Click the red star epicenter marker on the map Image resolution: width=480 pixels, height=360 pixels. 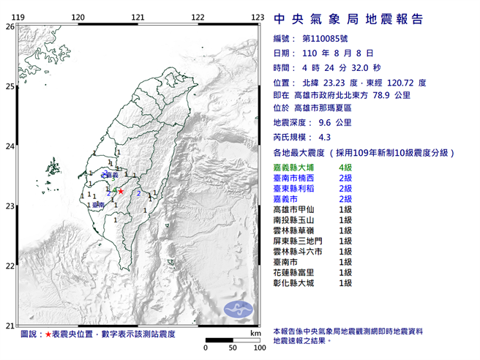[x=121, y=191]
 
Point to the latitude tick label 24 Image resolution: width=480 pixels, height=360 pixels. [x=10, y=146]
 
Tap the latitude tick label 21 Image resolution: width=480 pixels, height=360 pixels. [x=10, y=326]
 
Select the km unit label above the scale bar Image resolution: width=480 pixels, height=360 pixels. [x=255, y=333]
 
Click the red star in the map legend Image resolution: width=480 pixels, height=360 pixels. [x=48, y=334]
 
